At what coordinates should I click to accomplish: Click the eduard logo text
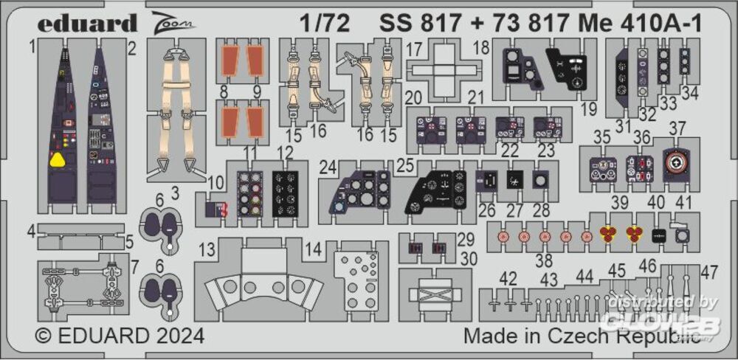[87, 23]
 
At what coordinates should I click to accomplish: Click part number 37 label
[677, 128]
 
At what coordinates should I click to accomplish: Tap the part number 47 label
[709, 272]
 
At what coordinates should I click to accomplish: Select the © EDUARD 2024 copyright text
[120, 336]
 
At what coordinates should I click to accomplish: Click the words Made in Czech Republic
[582, 336]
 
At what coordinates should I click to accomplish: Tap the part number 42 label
[508, 280]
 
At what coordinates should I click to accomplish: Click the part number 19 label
[587, 111]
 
